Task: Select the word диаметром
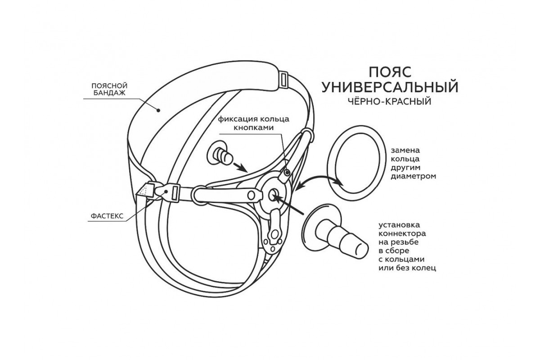(413, 176)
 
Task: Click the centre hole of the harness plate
(273, 195)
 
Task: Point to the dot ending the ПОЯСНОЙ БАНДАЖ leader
(159, 109)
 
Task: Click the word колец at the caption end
(425, 269)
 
